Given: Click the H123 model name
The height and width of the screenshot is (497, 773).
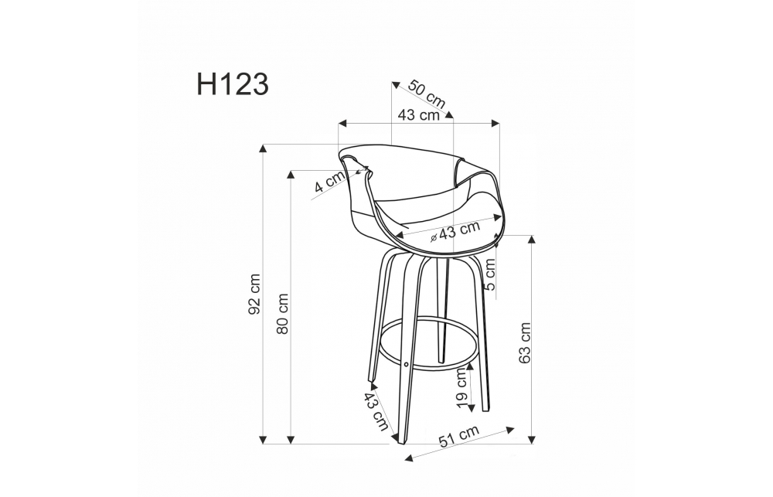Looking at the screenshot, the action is (233, 84).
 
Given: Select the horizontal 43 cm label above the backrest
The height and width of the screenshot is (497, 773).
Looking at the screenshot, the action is (418, 115).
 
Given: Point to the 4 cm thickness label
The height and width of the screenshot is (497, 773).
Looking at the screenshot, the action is (329, 182).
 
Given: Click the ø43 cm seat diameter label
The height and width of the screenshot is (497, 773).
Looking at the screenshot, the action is (455, 231).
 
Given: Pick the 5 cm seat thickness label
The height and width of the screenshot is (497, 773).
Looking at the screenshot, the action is (489, 274).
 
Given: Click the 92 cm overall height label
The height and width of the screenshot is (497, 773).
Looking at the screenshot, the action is (254, 294).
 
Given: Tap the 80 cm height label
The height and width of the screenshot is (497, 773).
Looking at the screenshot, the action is (282, 314).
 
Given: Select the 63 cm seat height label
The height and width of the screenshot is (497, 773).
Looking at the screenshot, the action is (525, 343).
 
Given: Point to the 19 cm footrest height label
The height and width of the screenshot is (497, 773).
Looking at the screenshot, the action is (461, 387).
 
